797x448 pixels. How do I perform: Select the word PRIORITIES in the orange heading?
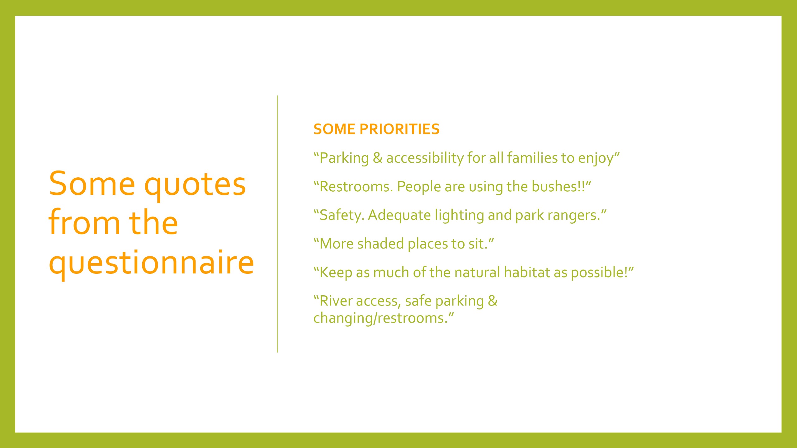click(x=399, y=129)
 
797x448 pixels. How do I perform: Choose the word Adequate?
click(x=399, y=216)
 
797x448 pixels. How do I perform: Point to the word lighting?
click(x=460, y=216)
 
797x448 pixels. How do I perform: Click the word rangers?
click(x=574, y=216)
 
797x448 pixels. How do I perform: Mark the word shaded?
click(x=380, y=244)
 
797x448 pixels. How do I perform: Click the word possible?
click(x=598, y=273)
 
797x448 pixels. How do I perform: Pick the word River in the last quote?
click(x=336, y=301)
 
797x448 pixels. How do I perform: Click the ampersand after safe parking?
click(x=493, y=301)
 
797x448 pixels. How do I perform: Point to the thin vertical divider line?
click(x=277, y=224)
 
